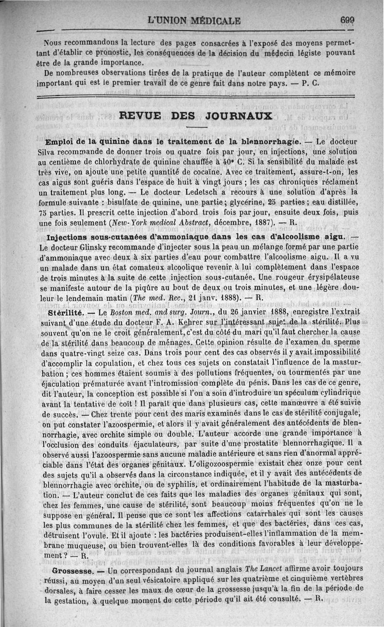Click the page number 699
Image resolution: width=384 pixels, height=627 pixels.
347,20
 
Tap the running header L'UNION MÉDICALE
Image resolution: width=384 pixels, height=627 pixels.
194,21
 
